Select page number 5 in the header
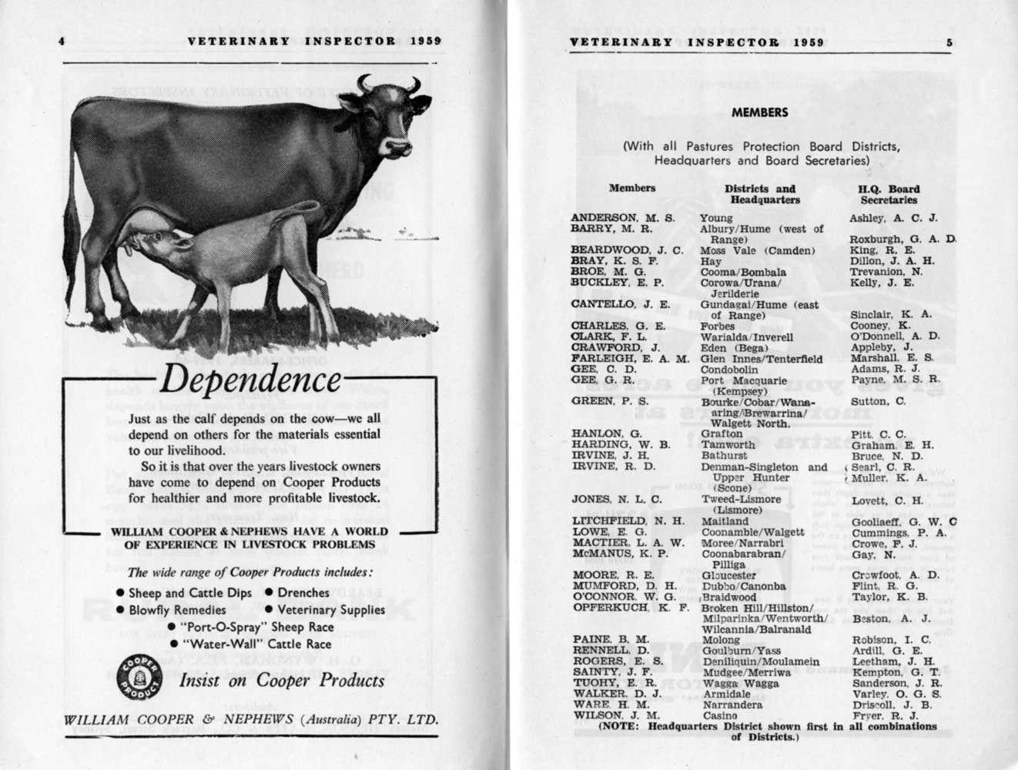949,42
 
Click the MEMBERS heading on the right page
760,112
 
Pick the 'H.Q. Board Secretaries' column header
889,194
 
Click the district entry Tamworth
728,445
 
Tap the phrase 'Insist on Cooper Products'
281,681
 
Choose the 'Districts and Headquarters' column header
760,194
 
